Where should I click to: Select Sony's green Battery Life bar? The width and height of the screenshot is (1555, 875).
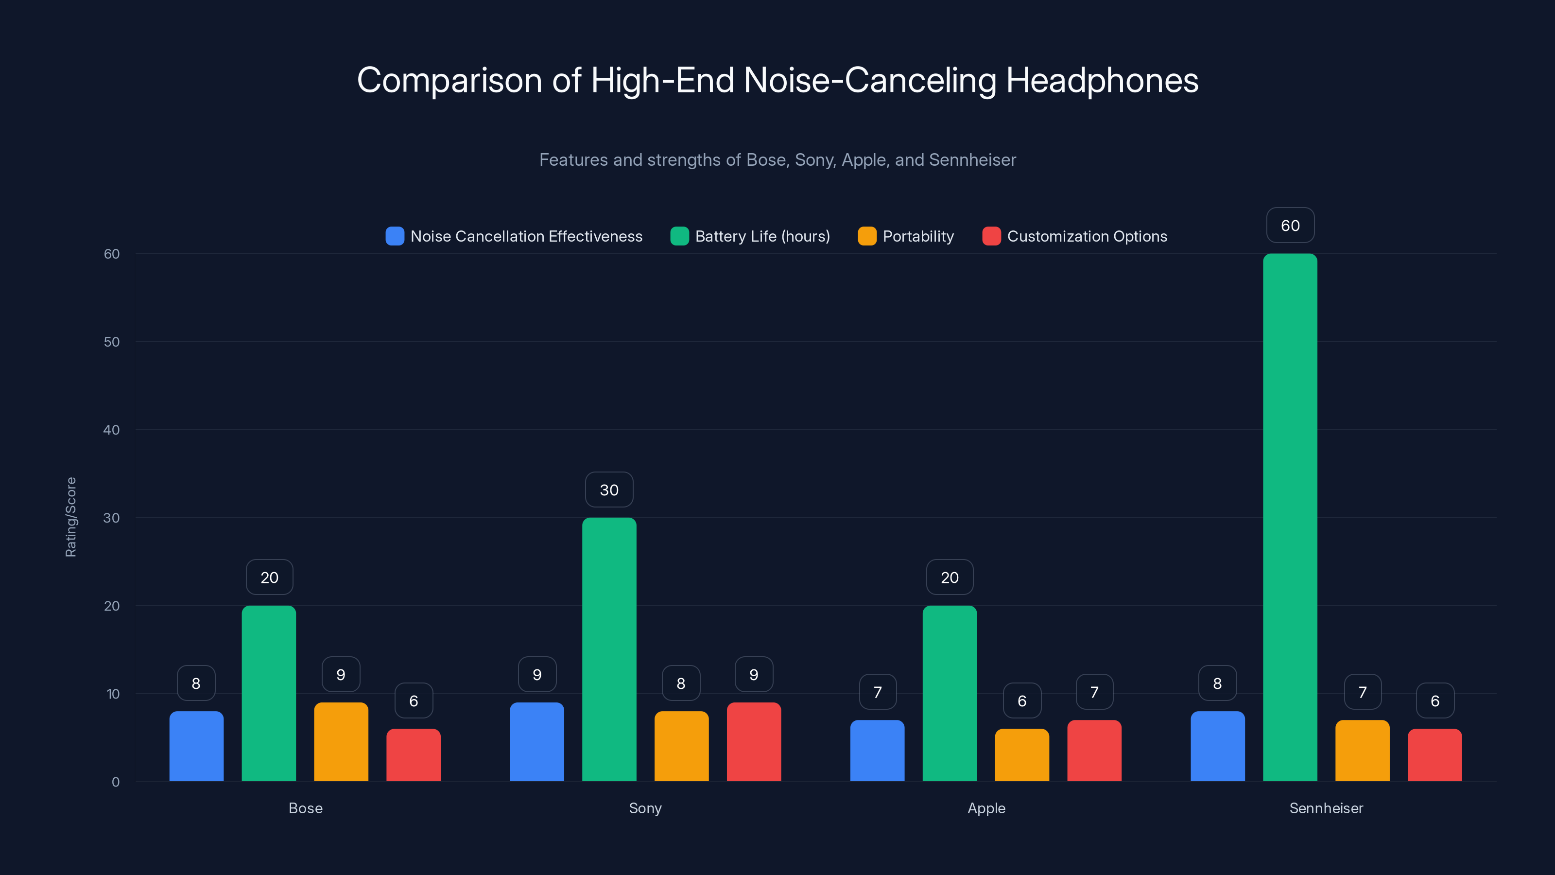pyautogui.click(x=609, y=649)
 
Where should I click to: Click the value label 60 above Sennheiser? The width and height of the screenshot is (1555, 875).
pyautogui.click(x=1290, y=225)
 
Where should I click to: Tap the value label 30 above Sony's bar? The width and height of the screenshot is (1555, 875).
pyautogui.click(x=609, y=490)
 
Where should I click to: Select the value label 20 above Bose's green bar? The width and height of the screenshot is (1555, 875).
pyautogui.click(x=269, y=577)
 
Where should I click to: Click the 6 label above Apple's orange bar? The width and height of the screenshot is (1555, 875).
pyautogui.click(x=1021, y=700)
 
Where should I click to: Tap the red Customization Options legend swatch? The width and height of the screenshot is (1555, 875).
pyautogui.click(x=991, y=236)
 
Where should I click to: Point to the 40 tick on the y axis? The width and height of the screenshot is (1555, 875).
pyautogui.click(x=111, y=430)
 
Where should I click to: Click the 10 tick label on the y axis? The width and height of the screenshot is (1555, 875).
pyautogui.click(x=113, y=694)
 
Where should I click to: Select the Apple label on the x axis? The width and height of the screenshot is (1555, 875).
pyautogui.click(x=986, y=808)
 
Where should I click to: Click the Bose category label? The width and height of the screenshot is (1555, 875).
pyautogui.click(x=306, y=808)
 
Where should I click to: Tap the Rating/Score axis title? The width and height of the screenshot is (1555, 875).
pyautogui.click(x=70, y=517)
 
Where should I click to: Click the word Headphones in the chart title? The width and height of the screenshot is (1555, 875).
pyautogui.click(x=1102, y=80)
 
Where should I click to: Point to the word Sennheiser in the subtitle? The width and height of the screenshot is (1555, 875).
pyautogui.click(x=972, y=159)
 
